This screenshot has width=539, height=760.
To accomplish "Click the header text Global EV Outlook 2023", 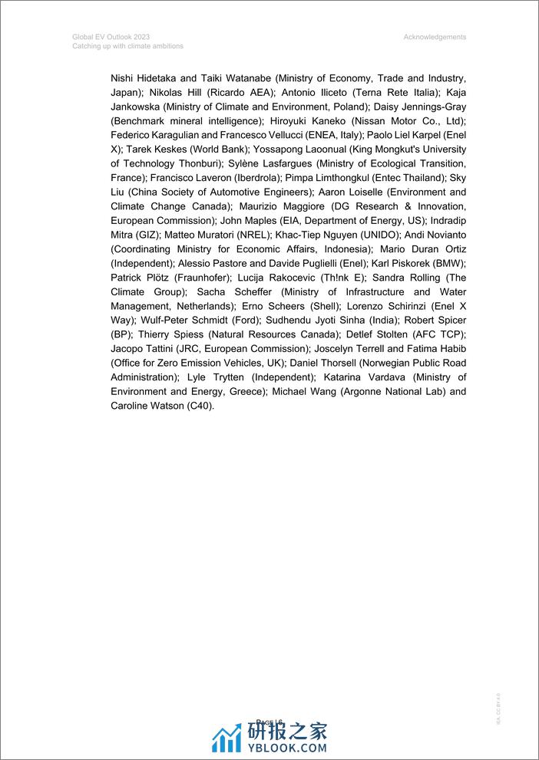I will click(111, 37).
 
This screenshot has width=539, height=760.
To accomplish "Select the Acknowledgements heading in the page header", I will click(434, 37).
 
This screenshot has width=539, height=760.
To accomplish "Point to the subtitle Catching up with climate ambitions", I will click(128, 46).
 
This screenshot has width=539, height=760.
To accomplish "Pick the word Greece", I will click(244, 392).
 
